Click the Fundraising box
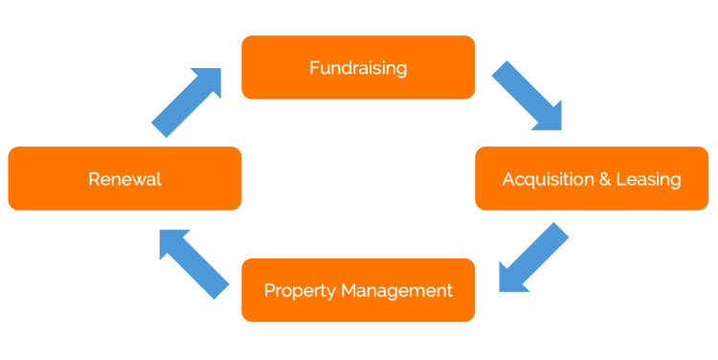(x=358, y=67)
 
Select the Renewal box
(x=124, y=178)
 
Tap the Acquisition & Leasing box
(x=592, y=178)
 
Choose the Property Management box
(x=358, y=289)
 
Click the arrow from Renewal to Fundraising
(x=187, y=101)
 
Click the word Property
(x=296, y=290)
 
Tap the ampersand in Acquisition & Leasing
(x=603, y=179)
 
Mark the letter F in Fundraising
(x=314, y=67)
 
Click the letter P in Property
(x=269, y=289)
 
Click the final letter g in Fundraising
(x=401, y=70)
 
